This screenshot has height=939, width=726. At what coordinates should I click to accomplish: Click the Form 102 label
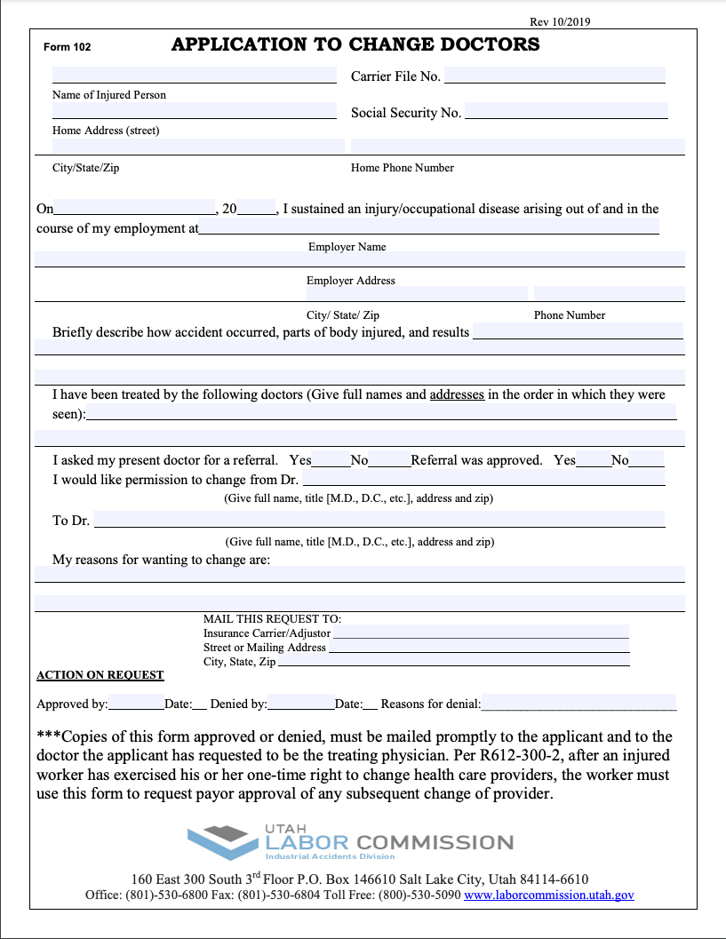(68, 47)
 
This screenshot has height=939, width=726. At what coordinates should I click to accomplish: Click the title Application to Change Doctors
(355, 44)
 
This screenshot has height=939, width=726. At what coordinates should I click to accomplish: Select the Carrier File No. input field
(554, 75)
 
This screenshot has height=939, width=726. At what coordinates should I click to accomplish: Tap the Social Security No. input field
(566, 111)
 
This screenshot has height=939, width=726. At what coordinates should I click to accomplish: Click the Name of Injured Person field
(194, 75)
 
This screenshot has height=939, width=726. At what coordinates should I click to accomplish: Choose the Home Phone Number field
(517, 147)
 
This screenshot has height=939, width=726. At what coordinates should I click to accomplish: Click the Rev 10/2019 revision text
(560, 21)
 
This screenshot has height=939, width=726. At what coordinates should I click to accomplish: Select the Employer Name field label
(347, 247)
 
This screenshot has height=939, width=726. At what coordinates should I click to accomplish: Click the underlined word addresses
(457, 394)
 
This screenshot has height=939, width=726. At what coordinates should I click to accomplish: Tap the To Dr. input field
(379, 519)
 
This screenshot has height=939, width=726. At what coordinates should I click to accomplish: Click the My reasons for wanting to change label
(161, 560)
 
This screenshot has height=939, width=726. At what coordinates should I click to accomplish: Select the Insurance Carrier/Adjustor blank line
(481, 633)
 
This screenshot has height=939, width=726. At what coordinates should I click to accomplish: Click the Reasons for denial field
(578, 703)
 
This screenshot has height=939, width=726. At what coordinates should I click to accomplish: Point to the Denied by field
(300, 703)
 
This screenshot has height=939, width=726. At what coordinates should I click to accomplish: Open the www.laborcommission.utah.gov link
(548, 895)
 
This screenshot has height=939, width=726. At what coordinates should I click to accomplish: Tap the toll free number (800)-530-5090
(419, 895)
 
